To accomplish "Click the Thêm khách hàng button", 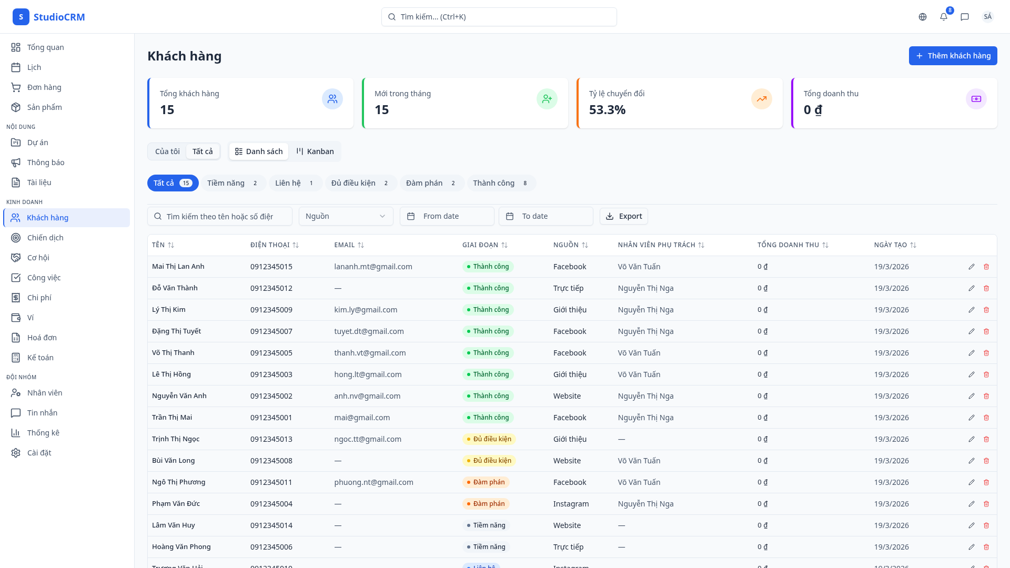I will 953,56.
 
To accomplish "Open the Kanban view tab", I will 315,151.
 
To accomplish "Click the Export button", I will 624,216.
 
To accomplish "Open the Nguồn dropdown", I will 346,216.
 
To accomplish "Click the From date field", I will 447,216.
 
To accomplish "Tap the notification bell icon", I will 944,17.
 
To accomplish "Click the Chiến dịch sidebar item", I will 45,238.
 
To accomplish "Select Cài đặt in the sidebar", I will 39,453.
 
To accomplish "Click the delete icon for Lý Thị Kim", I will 986,310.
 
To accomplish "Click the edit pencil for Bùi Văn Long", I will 972,461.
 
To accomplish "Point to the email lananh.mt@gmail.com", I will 373,267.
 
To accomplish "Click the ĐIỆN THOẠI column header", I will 270,245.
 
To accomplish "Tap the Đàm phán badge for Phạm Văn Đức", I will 486,504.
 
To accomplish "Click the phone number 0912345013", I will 271,439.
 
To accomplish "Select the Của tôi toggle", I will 167,151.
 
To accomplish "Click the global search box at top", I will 499,17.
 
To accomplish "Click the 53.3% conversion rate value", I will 607,110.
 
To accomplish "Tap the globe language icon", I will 923,17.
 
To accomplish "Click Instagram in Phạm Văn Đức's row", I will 571,504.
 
